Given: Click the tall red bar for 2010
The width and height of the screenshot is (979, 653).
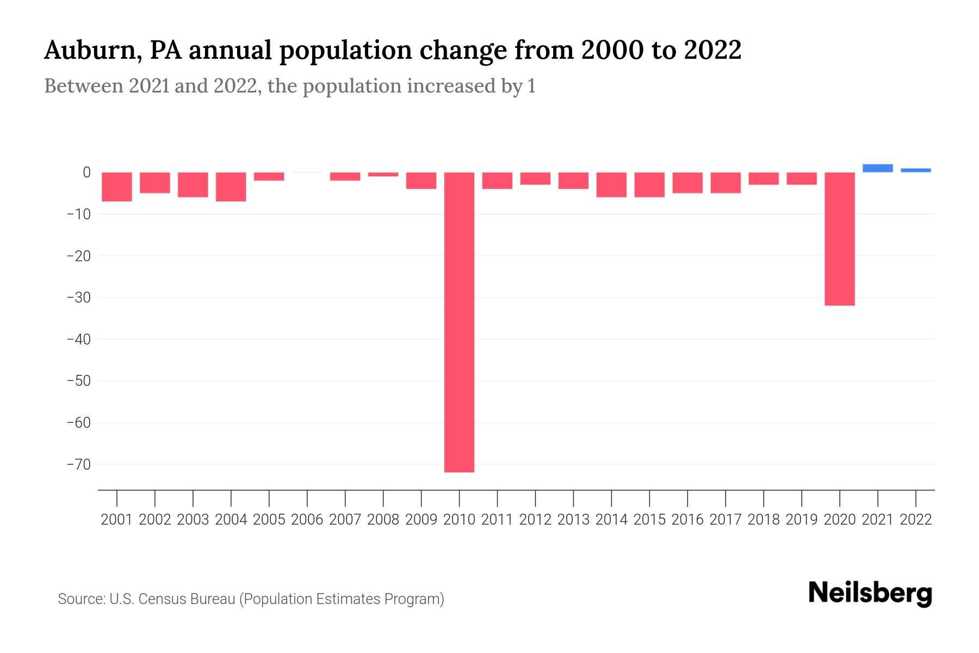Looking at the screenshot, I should tap(459, 322).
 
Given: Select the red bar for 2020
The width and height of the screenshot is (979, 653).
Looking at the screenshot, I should tap(839, 239).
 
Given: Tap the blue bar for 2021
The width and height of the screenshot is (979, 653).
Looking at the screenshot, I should tap(877, 168).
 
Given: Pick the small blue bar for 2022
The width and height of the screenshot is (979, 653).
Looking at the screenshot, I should tap(915, 170).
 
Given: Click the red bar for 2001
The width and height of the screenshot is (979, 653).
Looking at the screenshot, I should tap(117, 187).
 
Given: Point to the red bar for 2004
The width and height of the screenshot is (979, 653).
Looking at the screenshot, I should tap(231, 187).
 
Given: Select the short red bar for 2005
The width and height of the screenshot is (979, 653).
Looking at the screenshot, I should tap(269, 176).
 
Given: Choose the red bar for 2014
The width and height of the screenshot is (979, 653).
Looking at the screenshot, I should tap(611, 184).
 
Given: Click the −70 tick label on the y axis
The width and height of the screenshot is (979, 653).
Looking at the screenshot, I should tap(78, 464).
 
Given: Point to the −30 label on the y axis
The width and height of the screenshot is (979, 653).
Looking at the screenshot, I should tap(78, 298).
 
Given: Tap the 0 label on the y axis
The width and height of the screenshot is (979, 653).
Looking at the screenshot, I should tap(86, 173).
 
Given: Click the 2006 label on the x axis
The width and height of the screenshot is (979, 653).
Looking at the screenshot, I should tap(307, 520).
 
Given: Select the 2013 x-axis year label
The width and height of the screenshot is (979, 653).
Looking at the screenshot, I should tap(573, 520).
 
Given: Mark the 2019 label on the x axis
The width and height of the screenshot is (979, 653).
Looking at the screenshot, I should tap(801, 520).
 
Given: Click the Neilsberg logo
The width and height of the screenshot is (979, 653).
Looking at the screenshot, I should tap(870, 593).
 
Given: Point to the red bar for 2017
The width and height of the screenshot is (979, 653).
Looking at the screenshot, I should tap(726, 183).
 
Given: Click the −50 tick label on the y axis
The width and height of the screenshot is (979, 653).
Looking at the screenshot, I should tap(78, 381).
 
